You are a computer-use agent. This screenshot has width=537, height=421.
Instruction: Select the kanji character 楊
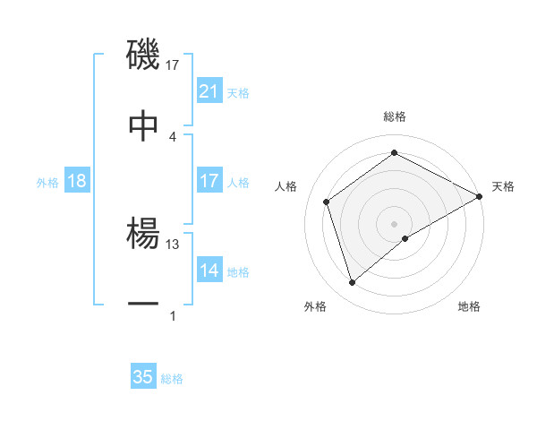(x=143, y=234)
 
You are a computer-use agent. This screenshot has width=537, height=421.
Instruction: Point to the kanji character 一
(x=143, y=305)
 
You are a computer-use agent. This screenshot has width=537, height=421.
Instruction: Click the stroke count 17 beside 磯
(x=173, y=64)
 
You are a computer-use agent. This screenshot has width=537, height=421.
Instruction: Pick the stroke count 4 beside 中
(x=173, y=136)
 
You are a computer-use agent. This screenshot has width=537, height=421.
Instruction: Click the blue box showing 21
(x=209, y=91)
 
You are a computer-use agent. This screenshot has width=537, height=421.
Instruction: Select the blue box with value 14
(x=209, y=271)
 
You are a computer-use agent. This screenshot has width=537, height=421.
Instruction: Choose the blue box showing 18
(x=77, y=181)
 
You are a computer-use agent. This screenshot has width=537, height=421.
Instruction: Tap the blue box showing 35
(x=143, y=377)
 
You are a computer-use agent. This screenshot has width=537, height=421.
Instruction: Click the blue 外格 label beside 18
(x=47, y=182)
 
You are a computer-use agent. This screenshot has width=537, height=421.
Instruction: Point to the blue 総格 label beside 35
(x=172, y=378)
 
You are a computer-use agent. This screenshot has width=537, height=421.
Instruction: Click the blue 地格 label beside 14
(x=238, y=271)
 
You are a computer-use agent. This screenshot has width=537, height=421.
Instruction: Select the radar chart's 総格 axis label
(x=395, y=116)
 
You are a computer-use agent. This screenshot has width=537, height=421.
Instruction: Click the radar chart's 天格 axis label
(x=503, y=186)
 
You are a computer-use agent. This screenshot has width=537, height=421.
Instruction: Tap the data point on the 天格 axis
(x=480, y=195)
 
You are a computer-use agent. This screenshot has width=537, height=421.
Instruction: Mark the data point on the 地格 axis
(x=405, y=238)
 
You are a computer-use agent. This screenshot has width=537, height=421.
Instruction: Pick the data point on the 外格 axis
(x=352, y=283)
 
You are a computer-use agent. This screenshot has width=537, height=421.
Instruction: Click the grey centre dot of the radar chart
(x=395, y=223)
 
